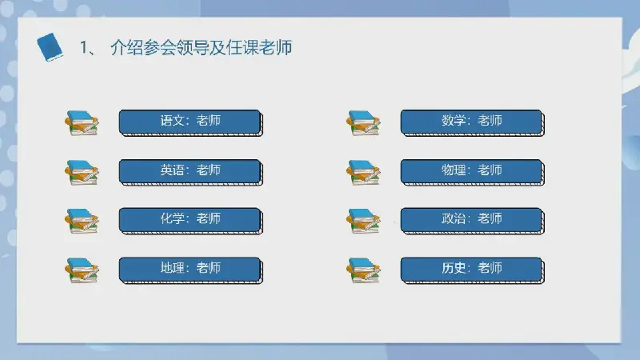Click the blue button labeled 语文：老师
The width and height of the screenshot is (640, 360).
pos(190,122)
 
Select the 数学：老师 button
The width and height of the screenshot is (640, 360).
pos(472,122)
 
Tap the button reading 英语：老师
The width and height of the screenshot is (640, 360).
pos(190,172)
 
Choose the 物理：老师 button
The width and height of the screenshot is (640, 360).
pos(472,172)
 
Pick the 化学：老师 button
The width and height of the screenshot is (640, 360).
pos(190,221)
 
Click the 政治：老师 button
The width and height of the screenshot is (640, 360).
pos(472,221)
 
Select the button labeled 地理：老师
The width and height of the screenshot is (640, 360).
pos(190,270)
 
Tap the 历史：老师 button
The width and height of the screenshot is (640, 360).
pos(472,270)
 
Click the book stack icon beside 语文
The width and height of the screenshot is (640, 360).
pos(82,123)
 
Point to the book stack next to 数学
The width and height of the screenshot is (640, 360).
pos(363,123)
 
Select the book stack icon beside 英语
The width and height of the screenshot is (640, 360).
pos(82,172)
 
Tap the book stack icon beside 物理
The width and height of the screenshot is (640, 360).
pos(363,172)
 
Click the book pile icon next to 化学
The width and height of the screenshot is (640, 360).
pos(82,222)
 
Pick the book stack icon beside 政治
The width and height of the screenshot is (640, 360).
pos(363,222)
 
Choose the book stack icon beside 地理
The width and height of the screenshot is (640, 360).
pos(82,270)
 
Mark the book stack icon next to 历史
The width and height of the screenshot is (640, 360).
pos(363,270)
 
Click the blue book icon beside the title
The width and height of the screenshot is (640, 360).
pos(50,47)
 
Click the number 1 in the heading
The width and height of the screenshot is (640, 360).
pos(84,48)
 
